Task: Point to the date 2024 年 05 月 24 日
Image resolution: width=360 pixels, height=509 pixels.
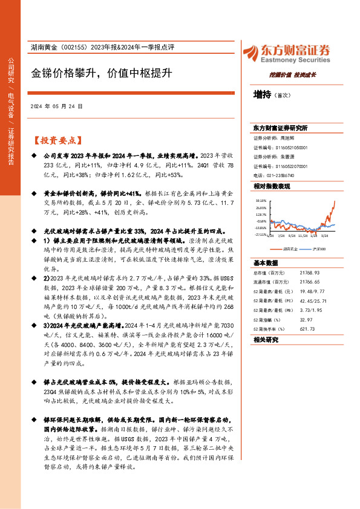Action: (56, 106)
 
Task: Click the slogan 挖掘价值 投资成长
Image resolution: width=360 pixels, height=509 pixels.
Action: (293, 75)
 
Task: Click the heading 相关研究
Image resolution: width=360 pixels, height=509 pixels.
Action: (264, 340)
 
